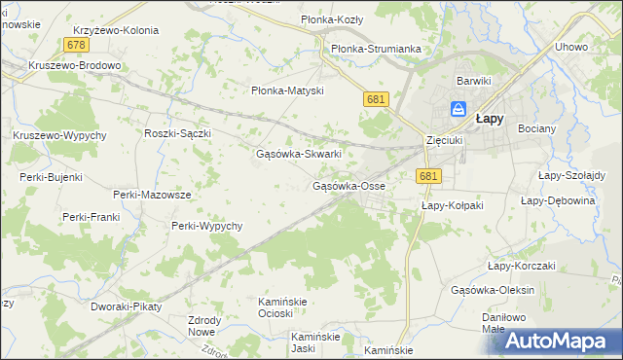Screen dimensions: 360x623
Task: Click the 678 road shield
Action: (x=77, y=46)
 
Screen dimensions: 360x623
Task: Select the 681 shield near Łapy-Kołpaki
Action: (x=427, y=175)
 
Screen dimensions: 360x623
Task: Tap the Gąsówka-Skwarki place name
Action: (x=298, y=154)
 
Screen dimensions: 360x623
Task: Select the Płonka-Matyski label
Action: (x=286, y=91)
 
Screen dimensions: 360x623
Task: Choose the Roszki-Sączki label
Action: (x=177, y=133)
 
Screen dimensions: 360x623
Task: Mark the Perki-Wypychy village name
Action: (x=206, y=226)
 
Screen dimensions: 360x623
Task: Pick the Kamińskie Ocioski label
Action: (x=282, y=307)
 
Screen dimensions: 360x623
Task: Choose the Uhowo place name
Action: (x=570, y=47)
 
